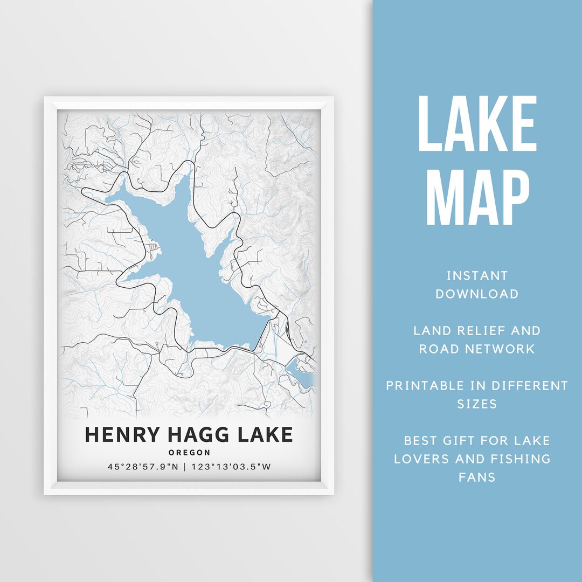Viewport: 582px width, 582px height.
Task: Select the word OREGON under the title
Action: (189, 453)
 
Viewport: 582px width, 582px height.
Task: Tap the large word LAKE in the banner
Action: (477, 124)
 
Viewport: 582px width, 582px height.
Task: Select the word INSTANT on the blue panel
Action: (477, 276)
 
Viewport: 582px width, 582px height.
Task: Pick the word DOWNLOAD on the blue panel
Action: (477, 294)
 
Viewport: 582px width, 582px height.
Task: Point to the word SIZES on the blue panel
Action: (477, 404)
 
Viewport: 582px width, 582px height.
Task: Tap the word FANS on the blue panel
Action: (477, 477)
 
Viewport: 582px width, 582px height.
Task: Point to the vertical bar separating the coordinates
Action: (185, 467)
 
